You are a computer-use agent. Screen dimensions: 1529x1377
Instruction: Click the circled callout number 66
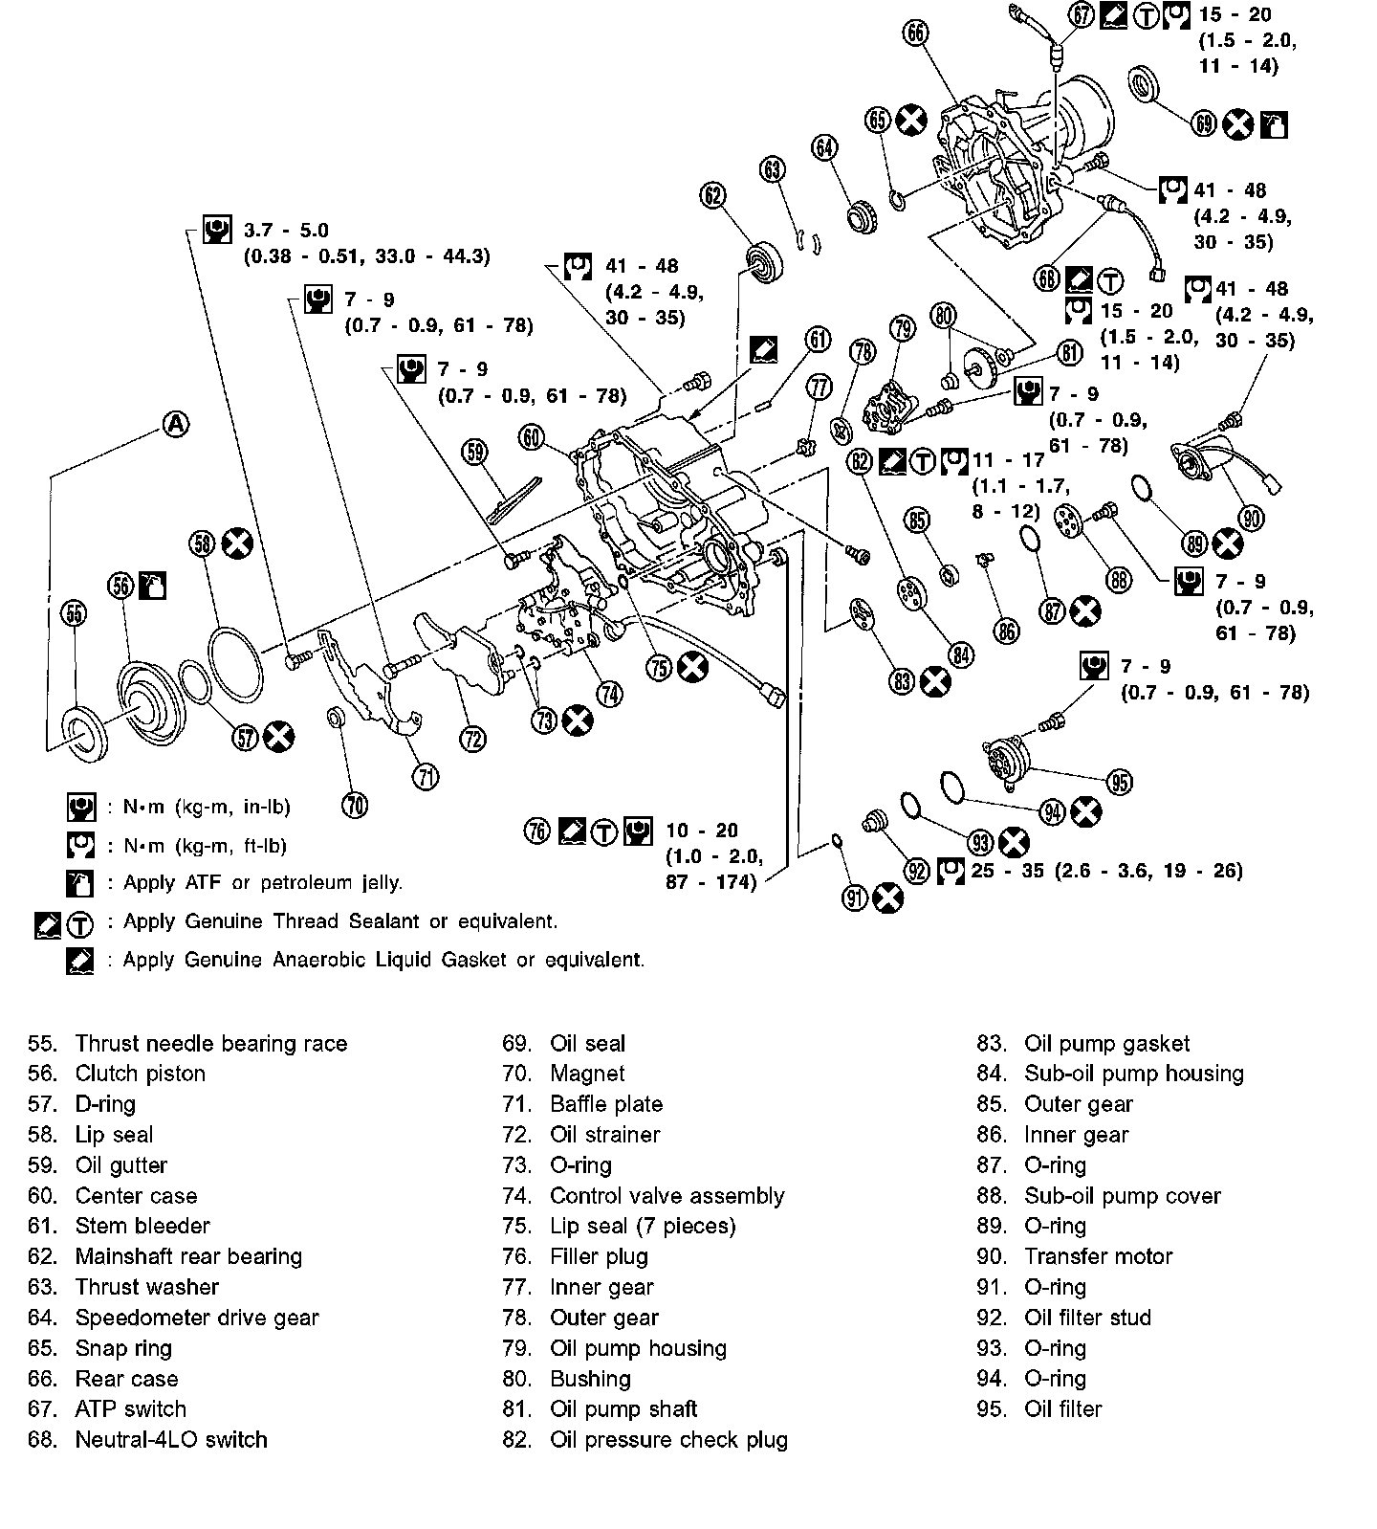pyautogui.click(x=915, y=33)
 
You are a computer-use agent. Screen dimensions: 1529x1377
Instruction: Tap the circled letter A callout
pyautogui.click(x=175, y=424)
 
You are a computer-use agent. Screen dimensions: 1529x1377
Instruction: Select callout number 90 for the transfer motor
pyautogui.click(x=1251, y=518)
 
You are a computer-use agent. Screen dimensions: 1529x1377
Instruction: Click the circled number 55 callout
pyautogui.click(x=75, y=613)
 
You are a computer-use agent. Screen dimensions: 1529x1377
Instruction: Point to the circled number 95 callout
pyautogui.click(x=1119, y=782)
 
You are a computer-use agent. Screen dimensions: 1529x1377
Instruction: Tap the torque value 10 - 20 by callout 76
pyautogui.click(x=702, y=831)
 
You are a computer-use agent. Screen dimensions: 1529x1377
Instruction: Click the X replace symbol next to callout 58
pyautogui.click(x=236, y=543)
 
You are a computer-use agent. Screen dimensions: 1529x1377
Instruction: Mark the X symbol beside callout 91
pyautogui.click(x=887, y=897)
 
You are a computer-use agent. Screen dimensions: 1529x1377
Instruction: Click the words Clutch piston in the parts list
pyautogui.click(x=140, y=1074)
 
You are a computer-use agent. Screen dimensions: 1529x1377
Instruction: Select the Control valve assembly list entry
pyautogui.click(x=667, y=1195)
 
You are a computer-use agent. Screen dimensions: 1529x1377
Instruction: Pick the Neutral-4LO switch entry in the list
pyautogui.click(x=171, y=1439)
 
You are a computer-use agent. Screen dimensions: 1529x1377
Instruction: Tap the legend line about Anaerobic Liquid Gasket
pyautogui.click(x=383, y=960)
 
